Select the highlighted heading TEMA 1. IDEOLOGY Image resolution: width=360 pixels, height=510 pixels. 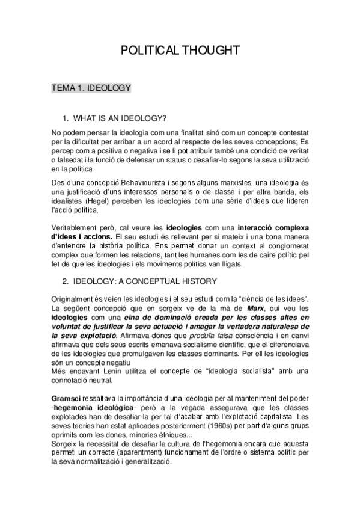pos(91,88)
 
